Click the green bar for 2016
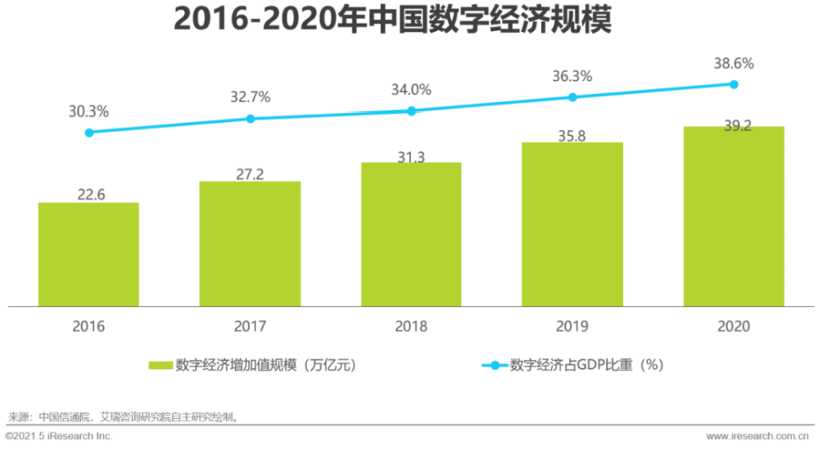[88, 254]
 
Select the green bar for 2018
[411, 234]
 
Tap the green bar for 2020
[734, 216]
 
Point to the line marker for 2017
[251, 119]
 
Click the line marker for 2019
[573, 97]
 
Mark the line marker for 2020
[734, 84]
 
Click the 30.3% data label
[88, 111]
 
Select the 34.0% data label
[411, 89]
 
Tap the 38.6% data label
[734, 63]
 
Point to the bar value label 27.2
[251, 173]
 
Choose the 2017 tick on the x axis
[251, 326]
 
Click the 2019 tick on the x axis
[573, 326]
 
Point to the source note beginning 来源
[123, 416]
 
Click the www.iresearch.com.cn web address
[758, 436]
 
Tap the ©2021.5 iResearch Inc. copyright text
[59, 436]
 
